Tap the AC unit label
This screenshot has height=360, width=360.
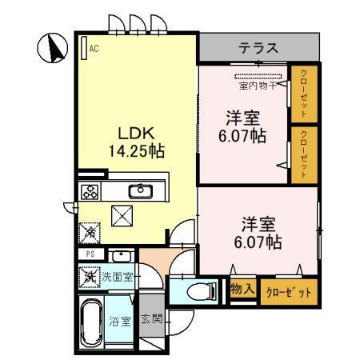(94, 48)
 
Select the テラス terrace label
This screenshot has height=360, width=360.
(258, 50)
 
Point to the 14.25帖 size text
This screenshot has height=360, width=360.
(136, 150)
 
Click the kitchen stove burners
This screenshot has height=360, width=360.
(90, 192)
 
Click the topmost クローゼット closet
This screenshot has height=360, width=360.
(302, 92)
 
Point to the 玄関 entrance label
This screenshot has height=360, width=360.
(152, 318)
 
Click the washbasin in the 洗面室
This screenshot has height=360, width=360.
(122, 257)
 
